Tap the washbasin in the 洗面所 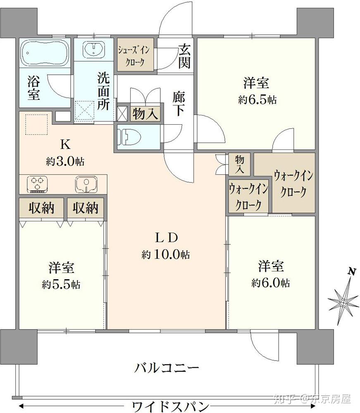click(95, 50)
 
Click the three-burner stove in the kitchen click(38, 184)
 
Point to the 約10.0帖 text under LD click(166, 255)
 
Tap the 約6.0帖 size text click(271, 282)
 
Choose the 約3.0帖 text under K click(65, 161)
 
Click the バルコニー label click(167, 367)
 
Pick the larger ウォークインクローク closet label click(293, 184)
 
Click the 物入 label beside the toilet click(145, 114)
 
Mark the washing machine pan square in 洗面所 click(84, 110)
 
